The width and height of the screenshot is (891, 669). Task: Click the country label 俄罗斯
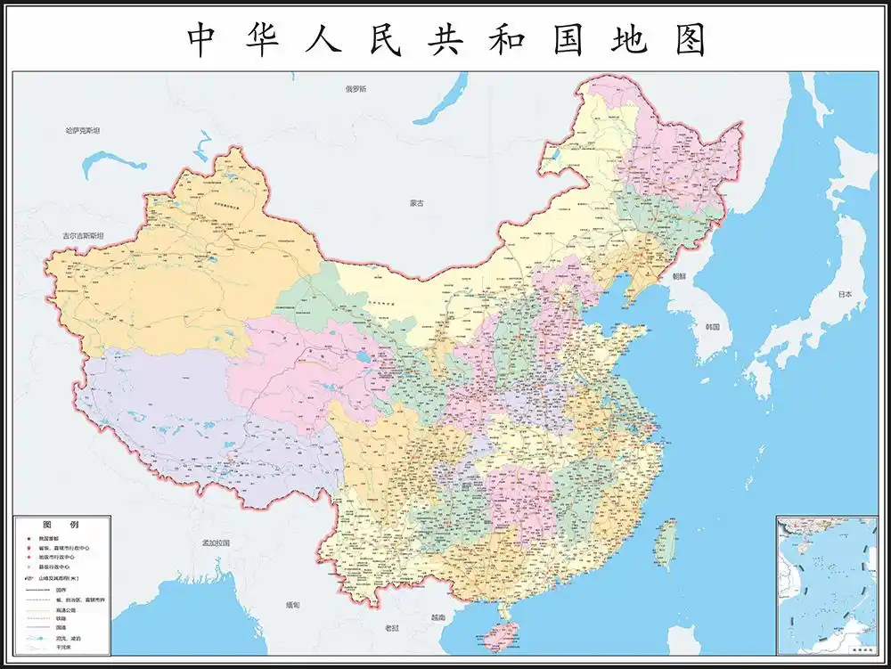[356, 89]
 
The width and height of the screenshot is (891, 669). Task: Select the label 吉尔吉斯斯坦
[82, 235]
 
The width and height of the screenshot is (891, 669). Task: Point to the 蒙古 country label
[417, 203]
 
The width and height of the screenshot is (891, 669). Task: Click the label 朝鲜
[680, 276]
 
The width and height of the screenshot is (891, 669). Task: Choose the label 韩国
[712, 327]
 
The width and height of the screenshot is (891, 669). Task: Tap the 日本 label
[845, 294]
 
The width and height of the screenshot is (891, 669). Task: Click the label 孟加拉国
[216, 543]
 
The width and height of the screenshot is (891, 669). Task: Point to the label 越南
[437, 617]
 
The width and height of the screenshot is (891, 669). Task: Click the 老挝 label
[392, 629]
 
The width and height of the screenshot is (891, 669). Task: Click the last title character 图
[689, 40]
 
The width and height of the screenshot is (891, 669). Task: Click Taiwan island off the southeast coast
[665, 544]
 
